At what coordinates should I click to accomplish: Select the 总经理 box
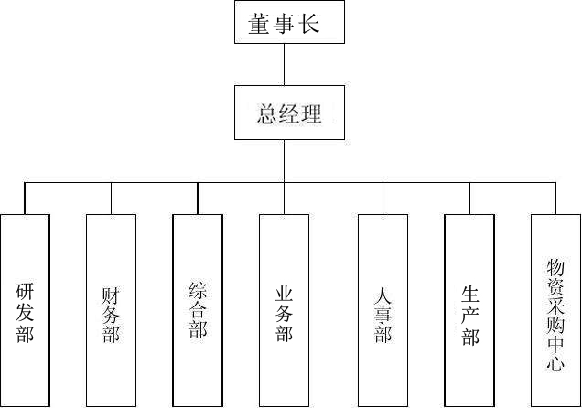coord(289,113)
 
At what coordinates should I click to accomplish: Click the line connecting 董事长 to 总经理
coord(285,64)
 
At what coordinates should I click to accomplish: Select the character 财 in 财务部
coord(112,295)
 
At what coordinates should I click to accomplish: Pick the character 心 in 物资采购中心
coord(555,363)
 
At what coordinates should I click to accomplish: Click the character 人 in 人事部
coord(383,295)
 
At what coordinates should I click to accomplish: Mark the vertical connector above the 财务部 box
coord(111,199)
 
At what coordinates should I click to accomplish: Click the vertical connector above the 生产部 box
coord(469,199)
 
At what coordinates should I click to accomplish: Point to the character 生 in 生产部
coord(470,295)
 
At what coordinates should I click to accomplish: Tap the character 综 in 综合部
coord(198,291)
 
